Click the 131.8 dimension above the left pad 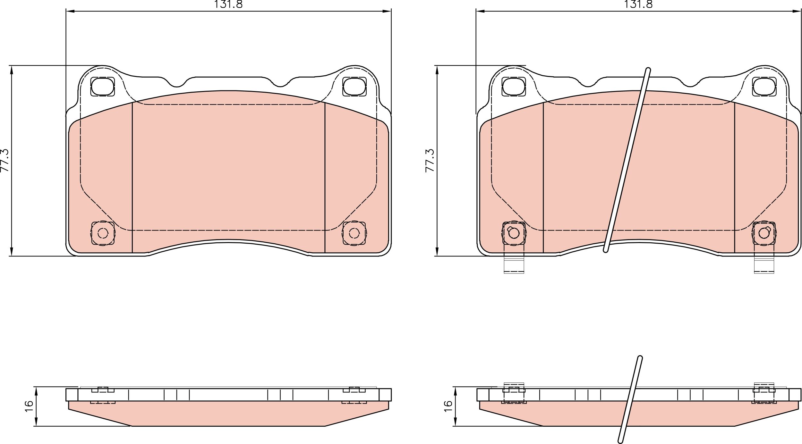(x=228, y=4)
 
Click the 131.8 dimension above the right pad (x=638, y=4)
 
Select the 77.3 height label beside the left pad (x=5, y=160)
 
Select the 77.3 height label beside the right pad (x=430, y=160)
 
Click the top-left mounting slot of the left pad (x=103, y=87)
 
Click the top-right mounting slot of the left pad (x=354, y=87)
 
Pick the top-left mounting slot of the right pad (x=514, y=87)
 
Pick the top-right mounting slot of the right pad (x=764, y=87)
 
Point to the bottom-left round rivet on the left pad (x=103, y=233)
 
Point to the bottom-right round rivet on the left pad (x=354, y=233)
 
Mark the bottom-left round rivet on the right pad (x=514, y=233)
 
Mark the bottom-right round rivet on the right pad (x=764, y=233)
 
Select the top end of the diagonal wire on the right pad (x=648, y=70)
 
